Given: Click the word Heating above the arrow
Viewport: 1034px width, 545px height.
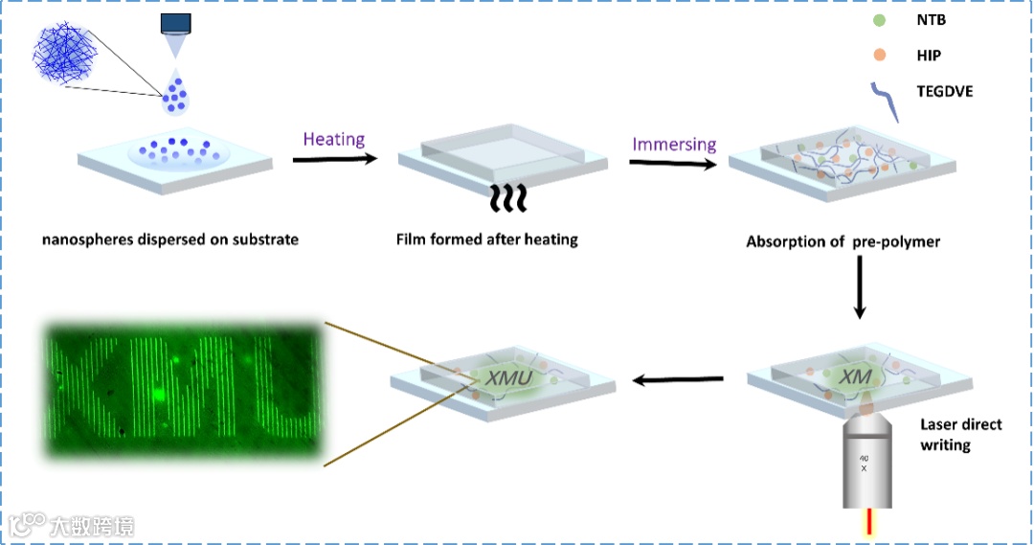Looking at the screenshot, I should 334,139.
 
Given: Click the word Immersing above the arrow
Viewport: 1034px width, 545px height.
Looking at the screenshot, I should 674,145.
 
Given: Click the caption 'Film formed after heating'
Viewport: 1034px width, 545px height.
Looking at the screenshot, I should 487,238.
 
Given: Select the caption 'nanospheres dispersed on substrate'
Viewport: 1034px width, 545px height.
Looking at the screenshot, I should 170,238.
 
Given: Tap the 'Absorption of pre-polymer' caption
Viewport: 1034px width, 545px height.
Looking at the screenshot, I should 843,241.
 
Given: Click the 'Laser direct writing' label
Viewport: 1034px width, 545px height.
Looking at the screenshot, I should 959,434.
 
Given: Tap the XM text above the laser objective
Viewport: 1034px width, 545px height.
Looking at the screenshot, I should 854,379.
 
